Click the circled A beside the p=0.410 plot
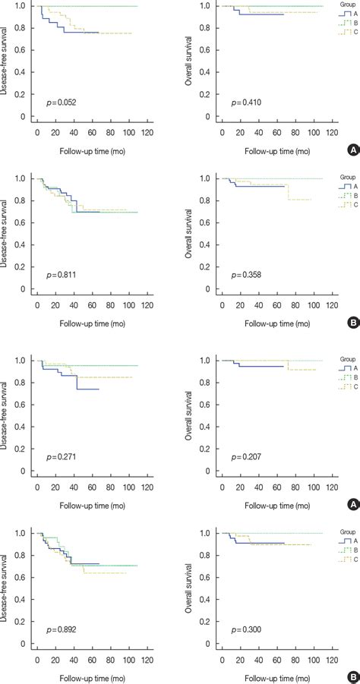(x=352, y=151)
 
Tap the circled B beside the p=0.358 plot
(x=352, y=323)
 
